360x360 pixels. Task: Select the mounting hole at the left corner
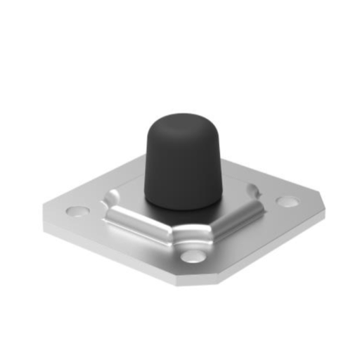(75, 210)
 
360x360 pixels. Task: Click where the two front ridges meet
(188, 236)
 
